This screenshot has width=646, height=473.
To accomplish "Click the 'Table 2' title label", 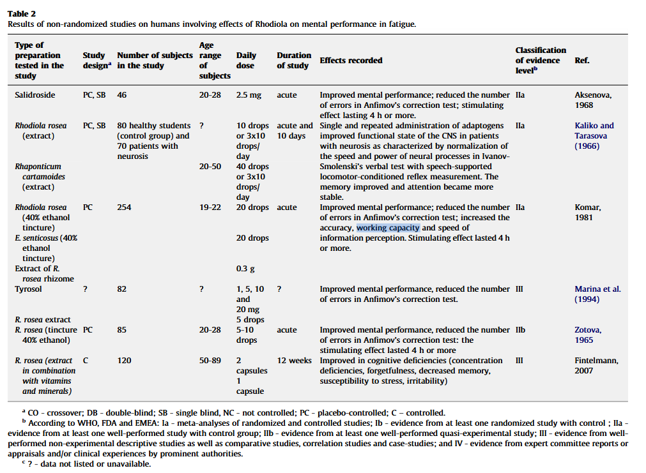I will (22, 13).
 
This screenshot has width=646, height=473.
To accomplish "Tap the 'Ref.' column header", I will (581, 61).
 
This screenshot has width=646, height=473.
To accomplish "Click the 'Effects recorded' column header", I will (351, 61).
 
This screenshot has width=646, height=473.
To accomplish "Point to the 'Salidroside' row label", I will (35, 95).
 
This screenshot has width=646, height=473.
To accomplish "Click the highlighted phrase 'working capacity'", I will (388, 228).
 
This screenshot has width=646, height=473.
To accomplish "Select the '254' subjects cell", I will (125, 207).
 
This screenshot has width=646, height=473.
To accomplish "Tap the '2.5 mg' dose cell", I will (249, 95).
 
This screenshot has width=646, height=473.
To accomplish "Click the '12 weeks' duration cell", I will (293, 361).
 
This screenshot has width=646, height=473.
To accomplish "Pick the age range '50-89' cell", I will (210, 361).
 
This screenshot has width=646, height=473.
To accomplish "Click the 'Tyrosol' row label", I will (29, 289).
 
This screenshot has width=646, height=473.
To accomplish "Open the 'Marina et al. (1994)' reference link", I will (597, 294).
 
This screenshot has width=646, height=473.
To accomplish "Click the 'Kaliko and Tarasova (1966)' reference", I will (594, 136).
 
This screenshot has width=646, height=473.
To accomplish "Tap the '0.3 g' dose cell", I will (245, 269).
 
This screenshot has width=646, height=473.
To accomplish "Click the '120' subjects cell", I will (125, 361).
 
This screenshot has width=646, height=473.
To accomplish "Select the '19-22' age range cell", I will (210, 207).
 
